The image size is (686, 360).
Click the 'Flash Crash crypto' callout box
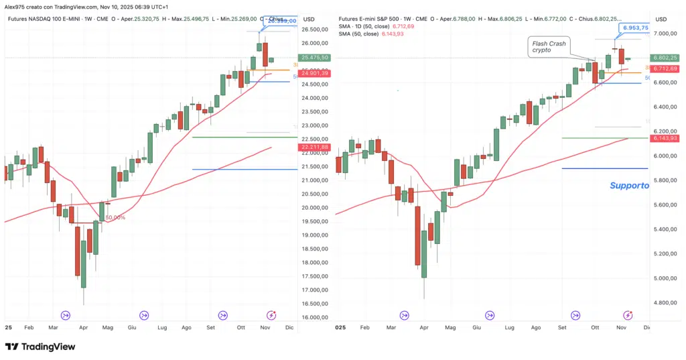tap(548, 47)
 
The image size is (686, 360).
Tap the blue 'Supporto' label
tap(629, 186)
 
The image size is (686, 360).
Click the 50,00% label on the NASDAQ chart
tap(116, 217)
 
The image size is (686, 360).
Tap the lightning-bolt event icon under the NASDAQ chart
tap(272, 315)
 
